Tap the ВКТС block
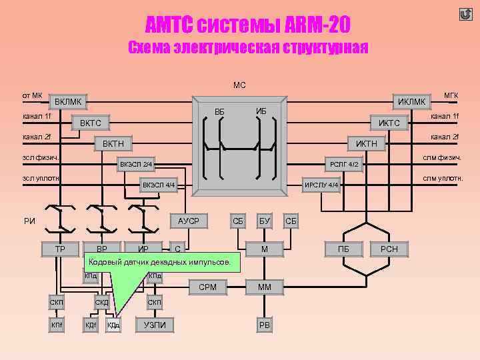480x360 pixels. [91, 123]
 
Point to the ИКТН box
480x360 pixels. [366, 143]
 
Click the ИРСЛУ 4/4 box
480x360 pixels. [322, 185]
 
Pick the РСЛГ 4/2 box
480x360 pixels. [345, 164]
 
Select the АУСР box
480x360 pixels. [189, 220]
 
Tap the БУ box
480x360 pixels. [265, 220]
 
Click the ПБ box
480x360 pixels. [344, 249]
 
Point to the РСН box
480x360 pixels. [389, 249]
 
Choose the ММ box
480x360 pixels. [265, 287]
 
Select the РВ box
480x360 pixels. [265, 325]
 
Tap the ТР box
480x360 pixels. [59, 249]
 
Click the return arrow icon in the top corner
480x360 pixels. [465, 15]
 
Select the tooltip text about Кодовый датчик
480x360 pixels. [159, 263]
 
